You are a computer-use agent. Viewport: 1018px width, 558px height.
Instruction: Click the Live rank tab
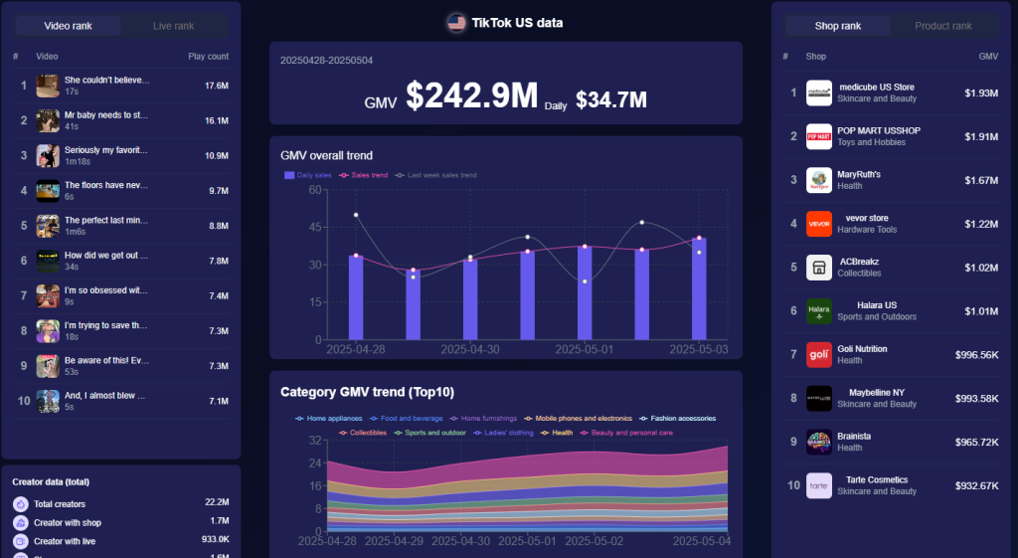tap(174, 25)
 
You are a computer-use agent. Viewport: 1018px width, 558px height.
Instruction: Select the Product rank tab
tap(942, 25)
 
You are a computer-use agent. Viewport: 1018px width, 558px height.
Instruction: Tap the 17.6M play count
tap(217, 86)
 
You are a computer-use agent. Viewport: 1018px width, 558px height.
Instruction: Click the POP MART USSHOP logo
tap(818, 136)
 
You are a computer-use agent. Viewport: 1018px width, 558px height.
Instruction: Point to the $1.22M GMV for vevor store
tap(981, 224)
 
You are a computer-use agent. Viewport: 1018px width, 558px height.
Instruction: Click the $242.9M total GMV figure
tap(471, 95)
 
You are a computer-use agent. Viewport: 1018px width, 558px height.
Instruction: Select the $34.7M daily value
tap(610, 99)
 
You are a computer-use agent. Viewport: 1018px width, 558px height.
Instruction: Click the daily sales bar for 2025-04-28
tap(356, 296)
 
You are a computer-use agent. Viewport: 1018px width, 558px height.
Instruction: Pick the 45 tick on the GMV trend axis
tap(315, 227)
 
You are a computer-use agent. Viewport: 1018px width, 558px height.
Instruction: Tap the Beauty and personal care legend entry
tap(631, 433)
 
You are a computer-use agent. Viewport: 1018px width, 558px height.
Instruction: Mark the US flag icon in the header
tap(456, 22)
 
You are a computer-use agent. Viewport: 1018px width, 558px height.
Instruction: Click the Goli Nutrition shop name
tap(861, 348)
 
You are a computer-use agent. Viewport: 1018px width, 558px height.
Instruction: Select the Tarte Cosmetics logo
tap(818, 485)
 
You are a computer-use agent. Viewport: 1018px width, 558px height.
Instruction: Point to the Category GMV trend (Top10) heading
tap(367, 392)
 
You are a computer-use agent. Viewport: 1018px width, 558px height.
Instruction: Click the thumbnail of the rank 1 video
tap(48, 86)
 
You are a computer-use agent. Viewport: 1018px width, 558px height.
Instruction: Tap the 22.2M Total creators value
tap(217, 503)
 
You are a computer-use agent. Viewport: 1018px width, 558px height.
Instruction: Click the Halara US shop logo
tap(818, 310)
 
